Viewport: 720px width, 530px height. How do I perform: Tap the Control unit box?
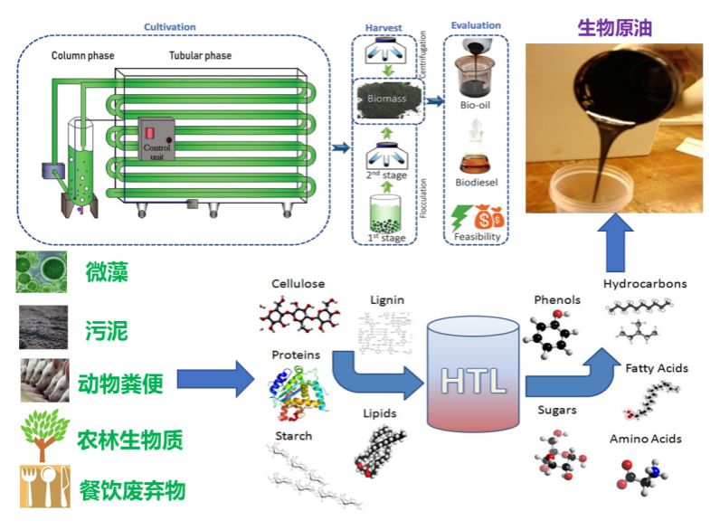pyautogui.click(x=156, y=139)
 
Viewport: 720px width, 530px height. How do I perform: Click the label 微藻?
pyautogui.click(x=108, y=270)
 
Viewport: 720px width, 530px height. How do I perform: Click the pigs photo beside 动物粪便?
pyautogui.click(x=44, y=380)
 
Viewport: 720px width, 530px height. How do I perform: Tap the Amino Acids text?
pyautogui.click(x=646, y=439)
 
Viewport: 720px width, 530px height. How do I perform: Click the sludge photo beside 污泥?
pyautogui.click(x=43, y=327)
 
